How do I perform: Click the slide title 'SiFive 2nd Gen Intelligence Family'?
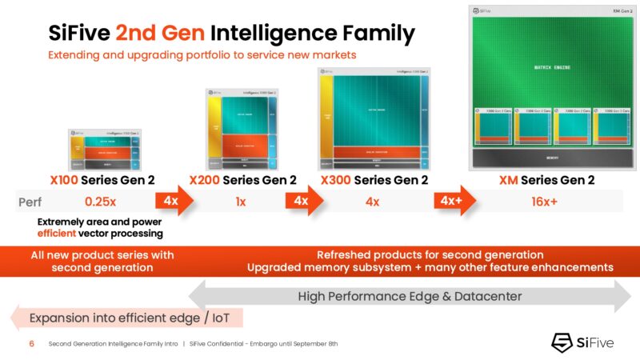(x=231, y=34)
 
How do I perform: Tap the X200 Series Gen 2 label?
(x=242, y=180)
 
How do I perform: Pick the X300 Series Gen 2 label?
(x=374, y=180)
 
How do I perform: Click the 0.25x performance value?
(x=102, y=202)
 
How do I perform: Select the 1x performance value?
(x=241, y=202)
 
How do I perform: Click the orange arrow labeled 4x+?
(x=452, y=201)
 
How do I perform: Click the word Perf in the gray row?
(x=30, y=202)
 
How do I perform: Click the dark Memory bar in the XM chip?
(x=551, y=158)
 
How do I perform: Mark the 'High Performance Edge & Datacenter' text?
(x=410, y=297)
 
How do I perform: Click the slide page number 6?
(x=32, y=344)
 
